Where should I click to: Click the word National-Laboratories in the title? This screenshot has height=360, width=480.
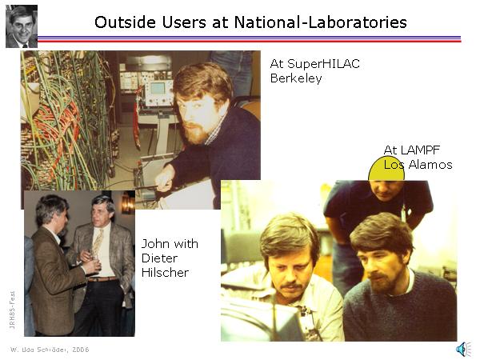tap(321, 22)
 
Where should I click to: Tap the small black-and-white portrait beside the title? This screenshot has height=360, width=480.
tap(22, 26)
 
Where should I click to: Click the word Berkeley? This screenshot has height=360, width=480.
tap(296, 78)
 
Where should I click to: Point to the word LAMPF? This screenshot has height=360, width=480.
tap(420, 150)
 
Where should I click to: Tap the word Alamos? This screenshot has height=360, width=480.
tap(430, 165)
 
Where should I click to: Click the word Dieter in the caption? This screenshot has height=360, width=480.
tap(159, 258)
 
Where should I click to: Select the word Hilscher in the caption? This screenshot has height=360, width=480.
tap(165, 273)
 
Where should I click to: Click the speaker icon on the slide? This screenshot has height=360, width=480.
tap(463, 349)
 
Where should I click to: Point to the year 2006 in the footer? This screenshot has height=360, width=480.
tap(81, 350)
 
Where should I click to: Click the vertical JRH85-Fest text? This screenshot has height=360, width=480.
tap(12, 310)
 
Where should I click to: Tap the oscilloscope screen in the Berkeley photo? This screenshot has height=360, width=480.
tap(158, 88)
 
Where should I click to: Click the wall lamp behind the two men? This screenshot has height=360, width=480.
tap(128, 202)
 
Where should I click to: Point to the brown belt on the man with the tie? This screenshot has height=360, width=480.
tap(103, 279)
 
